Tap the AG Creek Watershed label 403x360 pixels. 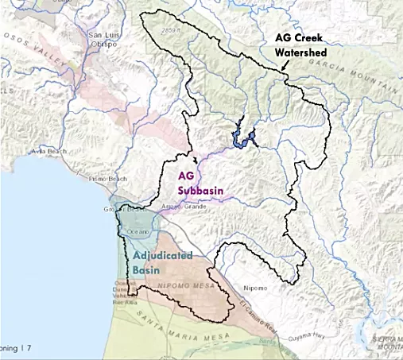pos(301,45)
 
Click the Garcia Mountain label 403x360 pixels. pos(366,68)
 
